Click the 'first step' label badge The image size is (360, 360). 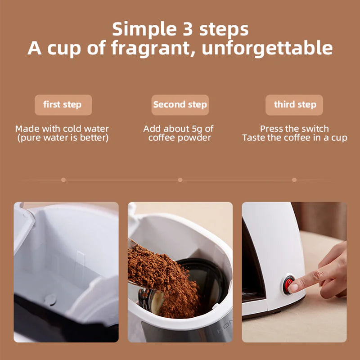tap(63, 105)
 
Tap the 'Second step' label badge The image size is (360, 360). tap(180, 105)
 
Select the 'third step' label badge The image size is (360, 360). tap(295, 105)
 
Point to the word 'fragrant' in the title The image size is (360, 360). tap(148, 48)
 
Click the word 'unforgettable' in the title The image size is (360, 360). tap(267, 48)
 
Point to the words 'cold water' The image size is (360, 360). tap(85, 129)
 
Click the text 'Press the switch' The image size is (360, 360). tap(294, 129)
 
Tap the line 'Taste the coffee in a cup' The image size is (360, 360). tap(294, 138)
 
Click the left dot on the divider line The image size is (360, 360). tap(63, 180)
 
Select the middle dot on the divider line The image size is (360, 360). tap(180, 180)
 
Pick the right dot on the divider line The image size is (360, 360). tap(294, 180)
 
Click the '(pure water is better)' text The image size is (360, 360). tap(63, 138)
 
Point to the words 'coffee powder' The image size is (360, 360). tap(180, 138)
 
